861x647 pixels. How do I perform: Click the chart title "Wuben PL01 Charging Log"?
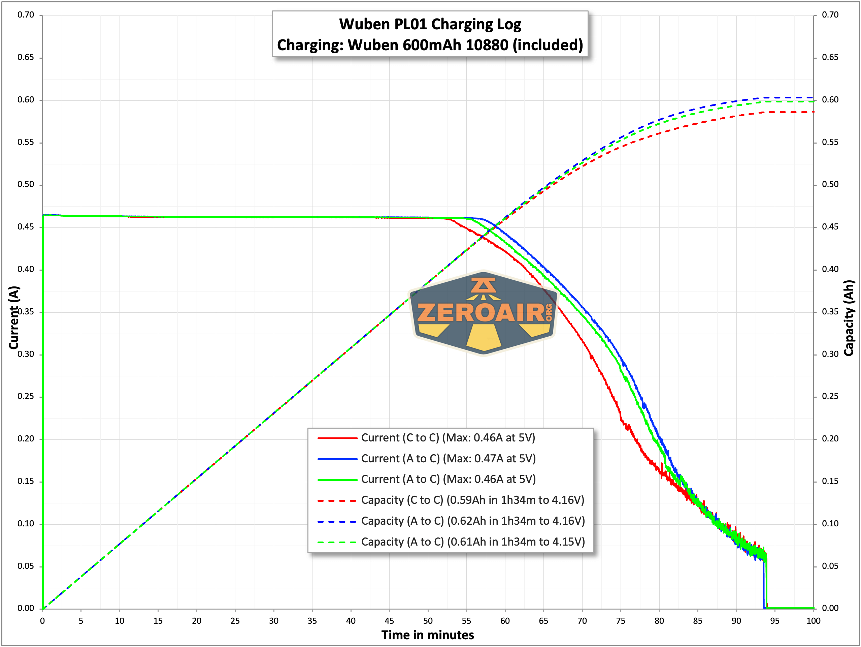(x=430, y=24)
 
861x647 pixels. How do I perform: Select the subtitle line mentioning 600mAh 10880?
(x=430, y=45)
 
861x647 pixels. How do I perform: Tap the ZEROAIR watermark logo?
(x=484, y=313)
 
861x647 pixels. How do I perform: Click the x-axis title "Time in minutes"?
(x=427, y=635)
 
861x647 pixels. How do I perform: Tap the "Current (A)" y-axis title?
(x=14, y=317)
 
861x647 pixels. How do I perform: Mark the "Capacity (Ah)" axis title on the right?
(x=849, y=317)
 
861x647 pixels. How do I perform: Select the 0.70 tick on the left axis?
(x=26, y=15)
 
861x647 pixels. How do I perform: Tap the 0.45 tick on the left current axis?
(x=26, y=227)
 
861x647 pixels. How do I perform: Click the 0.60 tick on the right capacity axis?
(x=830, y=100)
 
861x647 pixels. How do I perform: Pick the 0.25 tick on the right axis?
(x=830, y=396)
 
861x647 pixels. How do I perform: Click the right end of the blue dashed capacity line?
(x=813, y=97)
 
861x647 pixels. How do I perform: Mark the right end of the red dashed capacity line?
(x=813, y=112)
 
